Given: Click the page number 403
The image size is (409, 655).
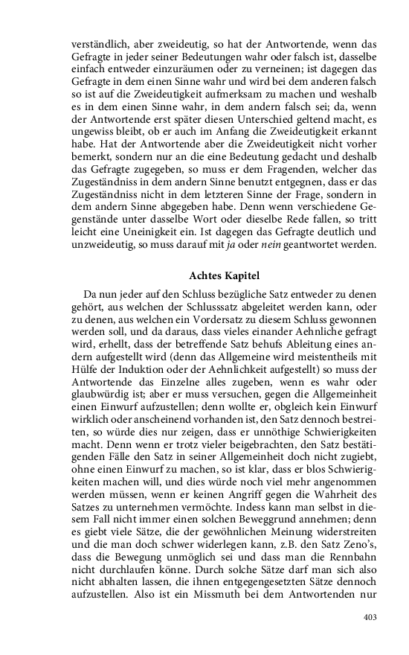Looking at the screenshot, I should (x=370, y=616).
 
